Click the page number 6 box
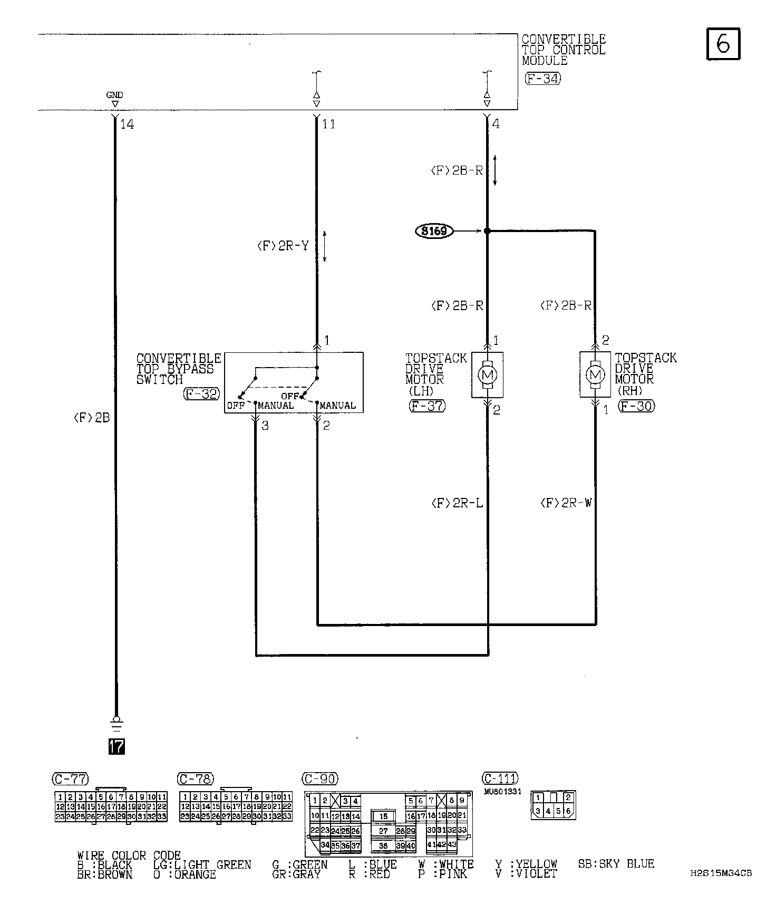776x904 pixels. (x=723, y=44)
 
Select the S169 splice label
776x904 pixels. (x=434, y=231)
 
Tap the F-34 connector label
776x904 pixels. (x=542, y=79)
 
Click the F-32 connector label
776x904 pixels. (x=201, y=393)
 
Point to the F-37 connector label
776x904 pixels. (x=426, y=406)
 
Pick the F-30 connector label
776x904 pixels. (x=636, y=406)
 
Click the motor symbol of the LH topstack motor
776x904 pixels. (x=487, y=375)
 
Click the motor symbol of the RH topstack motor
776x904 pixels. (x=595, y=375)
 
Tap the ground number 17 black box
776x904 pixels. (x=117, y=746)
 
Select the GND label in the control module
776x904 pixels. (x=114, y=95)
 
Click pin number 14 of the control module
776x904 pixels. (x=127, y=124)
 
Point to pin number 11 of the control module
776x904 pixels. (x=328, y=124)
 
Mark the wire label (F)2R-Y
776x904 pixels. (x=283, y=246)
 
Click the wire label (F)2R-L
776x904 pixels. (x=457, y=503)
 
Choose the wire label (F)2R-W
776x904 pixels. (x=566, y=503)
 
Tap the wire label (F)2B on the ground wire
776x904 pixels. (x=91, y=418)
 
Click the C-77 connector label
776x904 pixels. (x=70, y=779)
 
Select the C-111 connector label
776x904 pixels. (x=500, y=778)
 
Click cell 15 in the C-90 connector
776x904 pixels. (x=383, y=816)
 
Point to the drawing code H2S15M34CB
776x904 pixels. (x=721, y=873)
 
